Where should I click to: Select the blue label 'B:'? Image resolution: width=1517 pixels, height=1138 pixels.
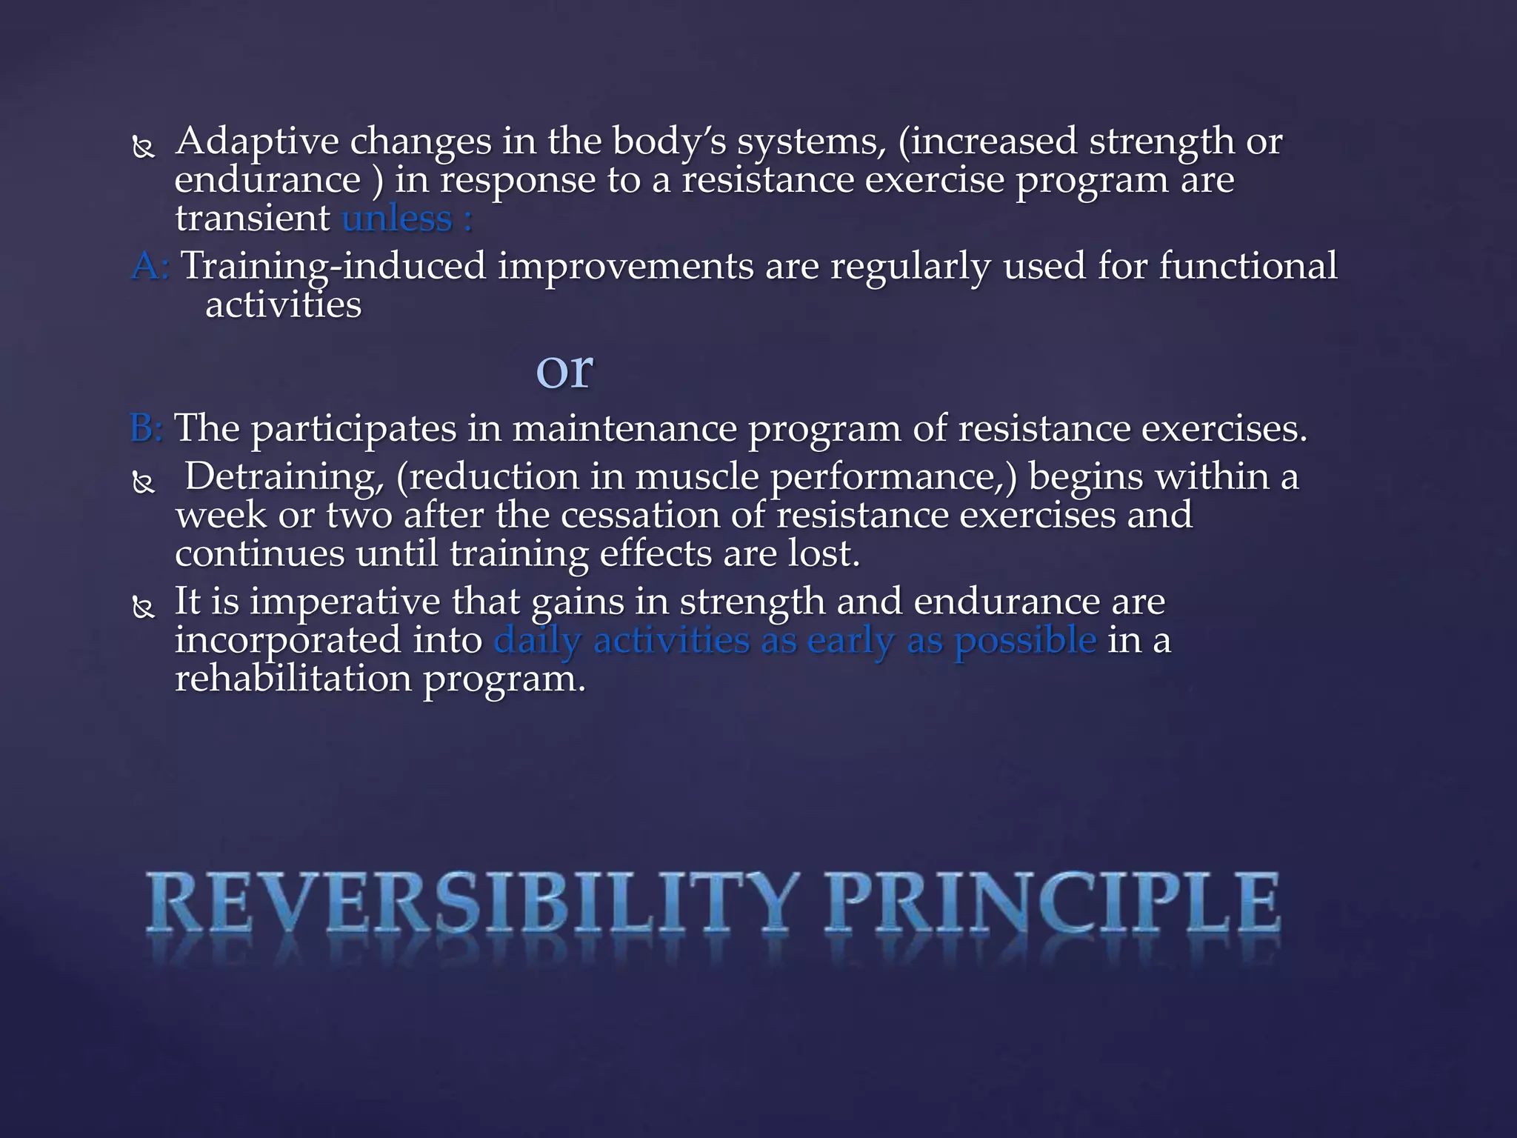click(147, 427)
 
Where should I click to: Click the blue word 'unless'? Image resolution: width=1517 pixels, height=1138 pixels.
click(397, 219)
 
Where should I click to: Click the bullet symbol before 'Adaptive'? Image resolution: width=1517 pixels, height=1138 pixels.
click(143, 147)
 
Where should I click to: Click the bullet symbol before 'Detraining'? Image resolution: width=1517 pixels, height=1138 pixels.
click(143, 483)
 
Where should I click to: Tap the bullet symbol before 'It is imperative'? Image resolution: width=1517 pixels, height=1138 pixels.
click(143, 608)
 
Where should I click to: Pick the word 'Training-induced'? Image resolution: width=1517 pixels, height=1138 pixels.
click(333, 266)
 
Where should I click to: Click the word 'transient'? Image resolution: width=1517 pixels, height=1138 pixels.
click(252, 219)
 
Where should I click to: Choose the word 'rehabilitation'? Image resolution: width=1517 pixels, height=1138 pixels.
click(292, 679)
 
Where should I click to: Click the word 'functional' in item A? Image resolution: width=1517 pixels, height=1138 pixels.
click(1247, 266)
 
